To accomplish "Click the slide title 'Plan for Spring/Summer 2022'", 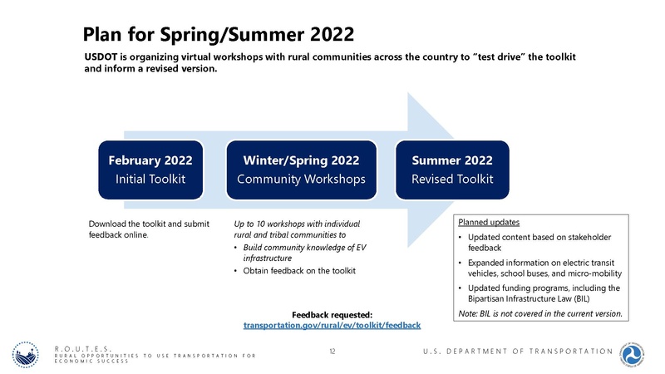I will pyautogui.click(x=219, y=34).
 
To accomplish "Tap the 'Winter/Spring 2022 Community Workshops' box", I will pyautogui.click(x=302, y=170).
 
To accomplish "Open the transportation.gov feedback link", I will pyautogui.click(x=332, y=325).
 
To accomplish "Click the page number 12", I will pyautogui.click(x=332, y=352).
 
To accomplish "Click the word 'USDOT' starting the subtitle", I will pyautogui.click(x=104, y=55).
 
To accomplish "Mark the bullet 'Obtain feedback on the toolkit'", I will pyautogui.click(x=299, y=272).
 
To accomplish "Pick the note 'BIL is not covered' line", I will pyautogui.click(x=539, y=313).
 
